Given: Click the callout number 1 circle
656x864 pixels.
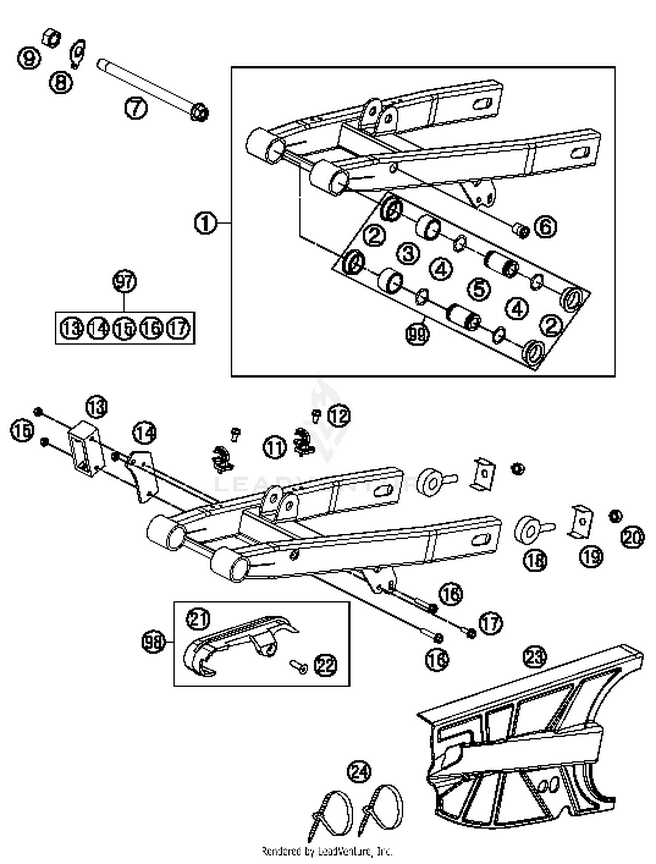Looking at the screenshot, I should tap(205, 223).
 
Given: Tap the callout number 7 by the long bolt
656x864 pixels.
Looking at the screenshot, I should tap(136, 107).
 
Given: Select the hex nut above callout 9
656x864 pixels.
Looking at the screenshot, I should tap(52, 38).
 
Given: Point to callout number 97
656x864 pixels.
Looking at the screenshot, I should tap(125, 281).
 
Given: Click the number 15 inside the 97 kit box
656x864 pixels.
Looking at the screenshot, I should tap(124, 328).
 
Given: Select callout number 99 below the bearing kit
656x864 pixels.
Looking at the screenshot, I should tap(417, 334).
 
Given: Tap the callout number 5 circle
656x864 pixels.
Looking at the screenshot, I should tap(479, 289).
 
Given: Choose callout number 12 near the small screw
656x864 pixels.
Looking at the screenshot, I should tap(339, 416).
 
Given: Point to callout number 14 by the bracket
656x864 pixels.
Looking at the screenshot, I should tap(145, 434).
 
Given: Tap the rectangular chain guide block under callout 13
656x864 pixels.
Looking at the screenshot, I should tap(86, 448).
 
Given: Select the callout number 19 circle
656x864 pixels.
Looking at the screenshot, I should tap(591, 556).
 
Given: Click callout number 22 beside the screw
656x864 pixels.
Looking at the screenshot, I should tap(326, 666).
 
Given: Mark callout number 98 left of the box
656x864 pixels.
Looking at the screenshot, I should tap(154, 643).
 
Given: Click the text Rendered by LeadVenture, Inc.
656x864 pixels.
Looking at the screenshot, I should tap(327, 851).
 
